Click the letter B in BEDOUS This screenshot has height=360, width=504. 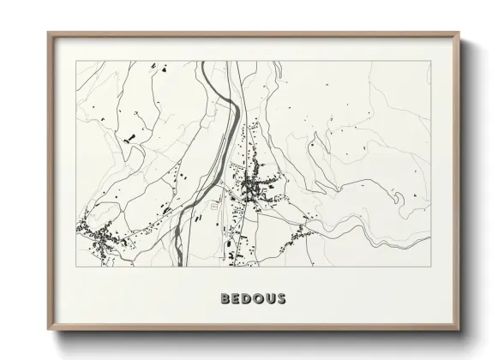coord(225,299)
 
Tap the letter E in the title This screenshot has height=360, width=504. coord(237,299)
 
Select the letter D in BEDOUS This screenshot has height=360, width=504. coord(248,299)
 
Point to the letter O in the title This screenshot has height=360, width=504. coord(259,299)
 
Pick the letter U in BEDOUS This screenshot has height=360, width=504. coord(271,299)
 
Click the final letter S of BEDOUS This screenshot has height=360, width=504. coord(282,299)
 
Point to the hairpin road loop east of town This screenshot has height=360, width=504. coord(397,198)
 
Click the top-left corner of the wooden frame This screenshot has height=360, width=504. coord(48,33)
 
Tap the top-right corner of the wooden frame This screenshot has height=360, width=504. coord(459,33)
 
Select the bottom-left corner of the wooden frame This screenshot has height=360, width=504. coord(48,329)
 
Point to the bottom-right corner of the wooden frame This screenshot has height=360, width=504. coord(459,329)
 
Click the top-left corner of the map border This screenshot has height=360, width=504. coord(76,61)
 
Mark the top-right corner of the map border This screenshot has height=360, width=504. coord(430,61)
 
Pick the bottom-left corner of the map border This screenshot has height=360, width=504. coord(76,267)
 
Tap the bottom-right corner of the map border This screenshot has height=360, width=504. coord(430,267)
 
